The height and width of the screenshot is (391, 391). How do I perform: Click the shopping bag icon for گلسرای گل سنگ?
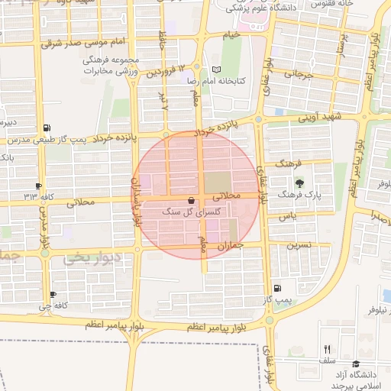(x=190, y=201)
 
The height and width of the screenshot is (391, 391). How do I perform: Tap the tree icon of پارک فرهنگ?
(x=299, y=183)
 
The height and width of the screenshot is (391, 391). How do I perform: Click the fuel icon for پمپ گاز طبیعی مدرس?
(x=49, y=128)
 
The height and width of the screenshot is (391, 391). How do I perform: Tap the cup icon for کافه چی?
(x=53, y=295)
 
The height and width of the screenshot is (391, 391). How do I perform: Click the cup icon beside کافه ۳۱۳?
(x=38, y=186)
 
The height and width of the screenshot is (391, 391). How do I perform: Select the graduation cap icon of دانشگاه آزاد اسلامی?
(x=357, y=364)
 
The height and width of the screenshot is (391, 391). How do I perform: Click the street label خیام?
(x=231, y=34)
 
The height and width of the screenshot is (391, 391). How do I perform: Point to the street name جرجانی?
(x=299, y=75)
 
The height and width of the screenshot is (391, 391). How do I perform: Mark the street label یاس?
(x=287, y=217)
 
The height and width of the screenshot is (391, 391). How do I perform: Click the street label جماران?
(x=230, y=246)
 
